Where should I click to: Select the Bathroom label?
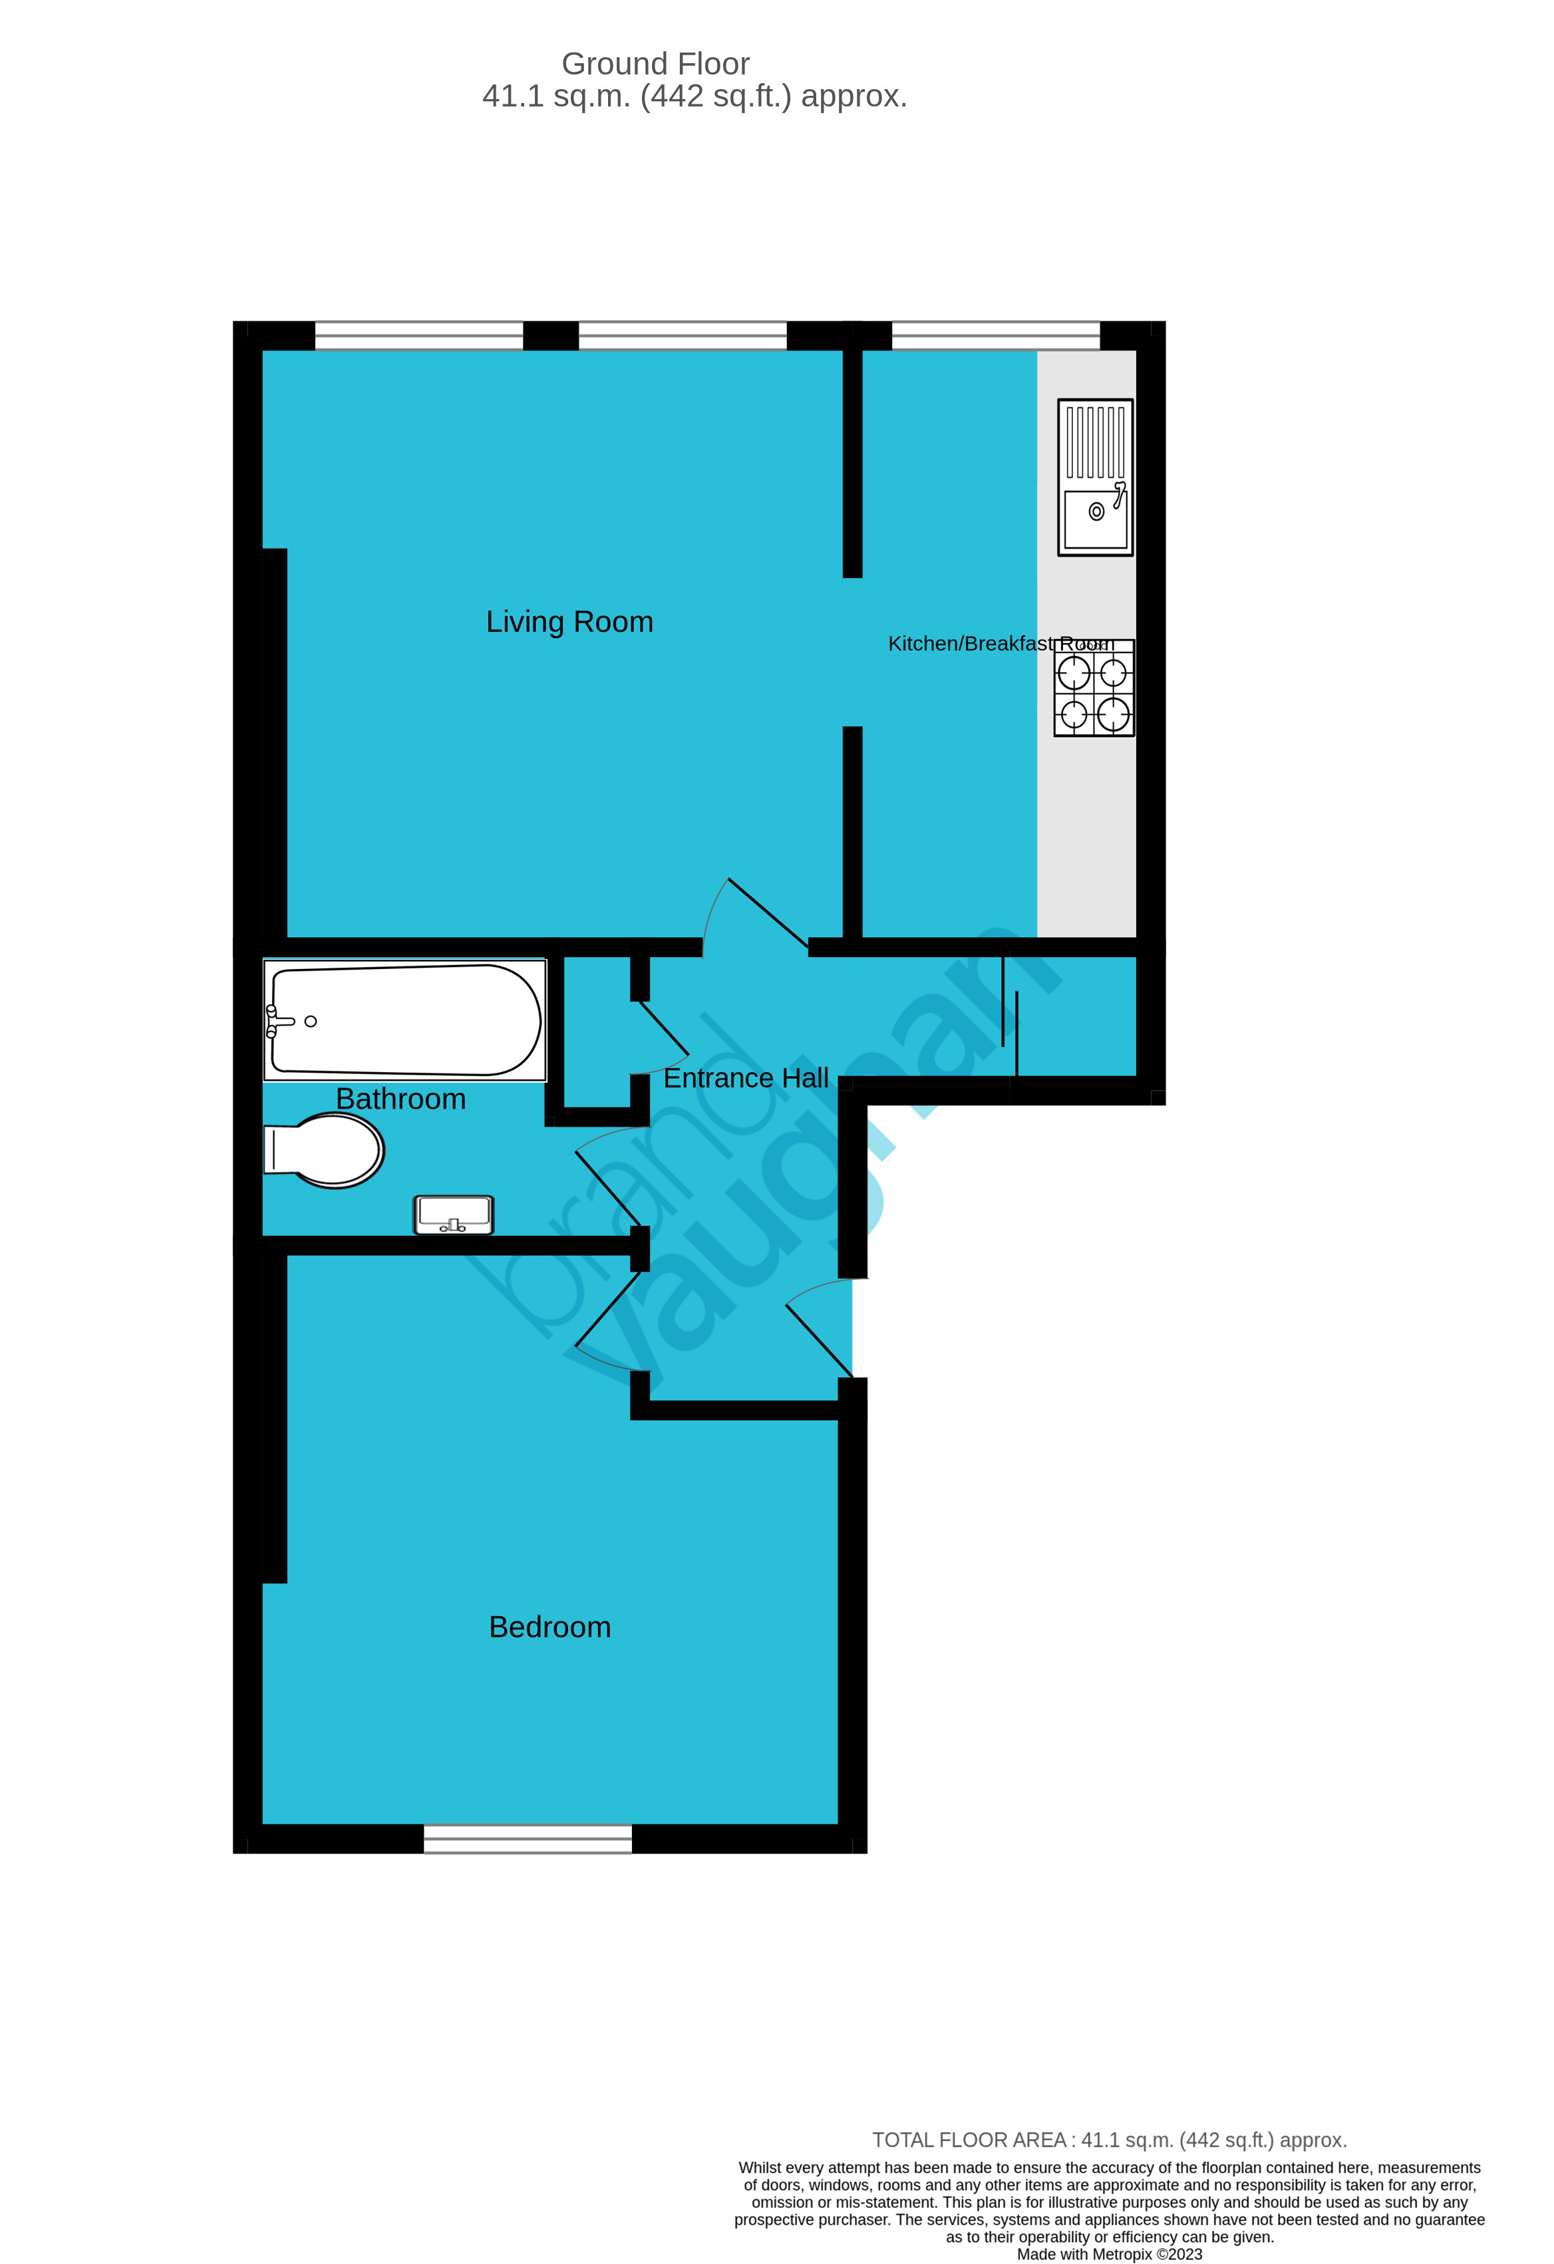tap(400, 1099)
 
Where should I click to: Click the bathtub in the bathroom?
tap(404, 1020)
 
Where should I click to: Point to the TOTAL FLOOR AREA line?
tap(1109, 2140)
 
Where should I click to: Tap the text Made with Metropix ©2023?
tap(1109, 2254)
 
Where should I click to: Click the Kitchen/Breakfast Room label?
tap(999, 644)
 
